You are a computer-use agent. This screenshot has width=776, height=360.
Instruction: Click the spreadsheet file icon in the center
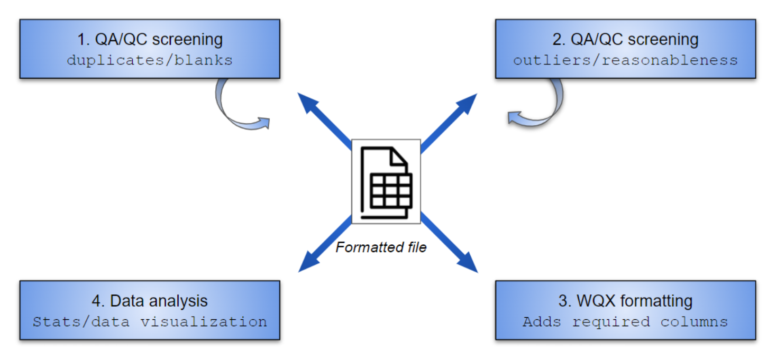(386, 181)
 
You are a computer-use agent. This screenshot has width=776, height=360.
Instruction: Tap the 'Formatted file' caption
(381, 247)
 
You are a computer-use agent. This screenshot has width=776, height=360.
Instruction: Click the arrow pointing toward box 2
(450, 119)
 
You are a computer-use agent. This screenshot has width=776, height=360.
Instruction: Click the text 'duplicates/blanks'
(150, 60)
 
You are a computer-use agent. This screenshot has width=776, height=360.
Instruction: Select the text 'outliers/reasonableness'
(625, 60)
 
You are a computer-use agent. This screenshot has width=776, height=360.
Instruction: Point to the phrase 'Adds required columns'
(625, 321)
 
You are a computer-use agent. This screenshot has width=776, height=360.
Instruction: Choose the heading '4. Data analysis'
(150, 301)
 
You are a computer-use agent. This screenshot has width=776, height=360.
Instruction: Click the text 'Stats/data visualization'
(150, 321)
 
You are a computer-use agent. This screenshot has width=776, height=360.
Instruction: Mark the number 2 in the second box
(556, 40)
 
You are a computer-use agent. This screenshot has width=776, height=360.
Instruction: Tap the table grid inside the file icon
(391, 190)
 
